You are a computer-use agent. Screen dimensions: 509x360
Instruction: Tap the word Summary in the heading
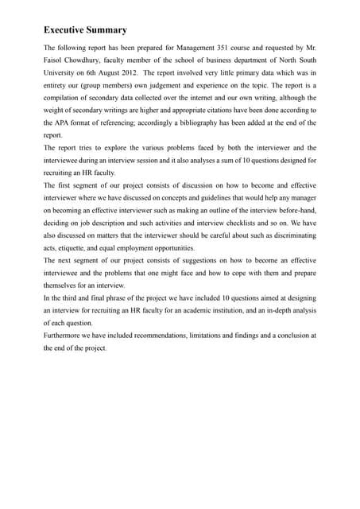pyautogui.click(x=109, y=30)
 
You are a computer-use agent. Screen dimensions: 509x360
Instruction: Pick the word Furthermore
pyautogui.click(x=66, y=336)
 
